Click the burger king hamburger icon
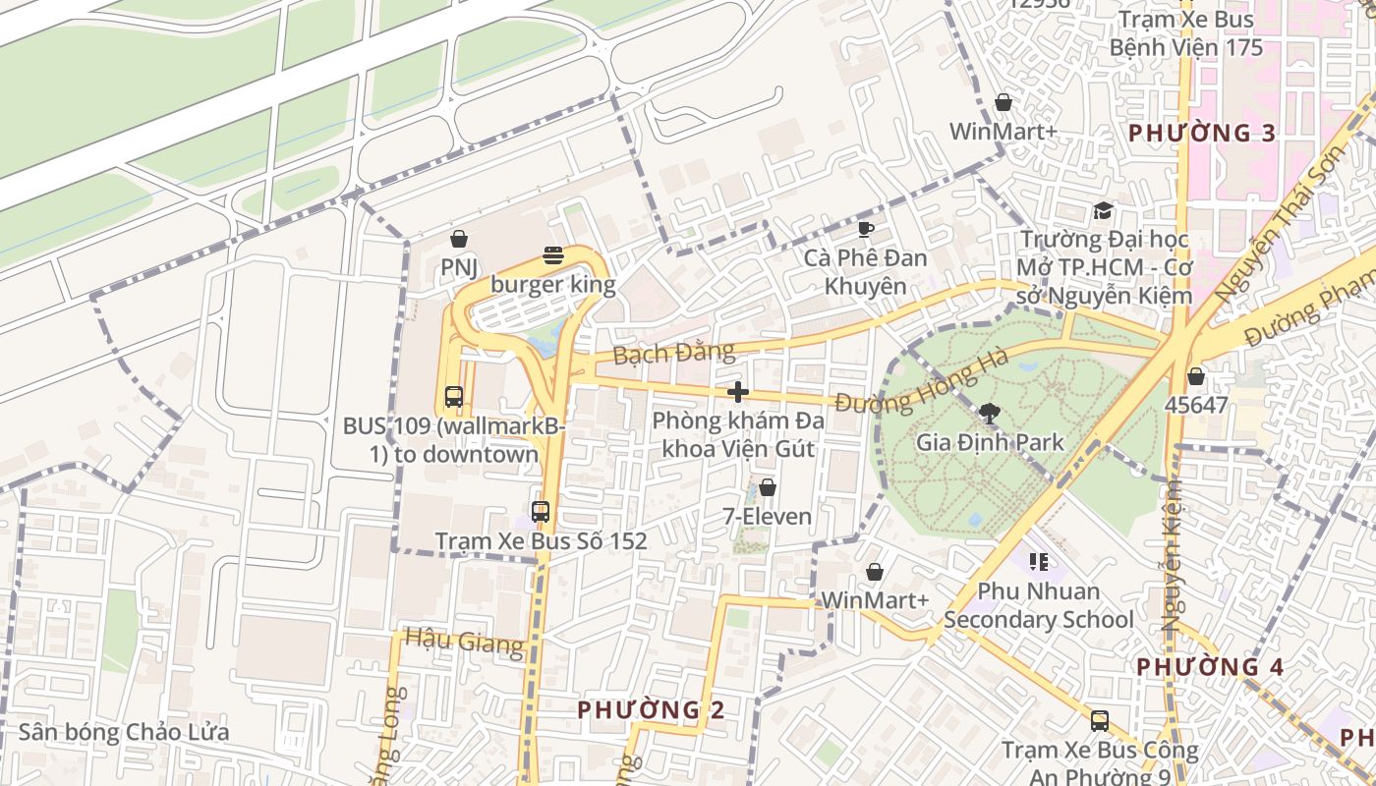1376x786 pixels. (x=553, y=256)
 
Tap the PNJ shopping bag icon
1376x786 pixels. (x=458, y=239)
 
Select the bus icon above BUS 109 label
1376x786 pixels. (x=453, y=397)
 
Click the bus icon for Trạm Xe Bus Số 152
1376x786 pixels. (x=540, y=512)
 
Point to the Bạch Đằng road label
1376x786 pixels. (x=673, y=352)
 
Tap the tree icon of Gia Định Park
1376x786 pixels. (x=989, y=414)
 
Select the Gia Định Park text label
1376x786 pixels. (x=990, y=442)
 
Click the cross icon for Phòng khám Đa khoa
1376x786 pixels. (x=737, y=392)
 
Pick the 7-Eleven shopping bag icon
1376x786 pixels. (x=767, y=487)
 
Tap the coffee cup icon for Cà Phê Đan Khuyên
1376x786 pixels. (x=865, y=229)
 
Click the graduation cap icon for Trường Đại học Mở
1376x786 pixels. (x=1103, y=211)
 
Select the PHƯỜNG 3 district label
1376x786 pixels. (x=1202, y=134)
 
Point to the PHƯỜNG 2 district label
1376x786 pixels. (x=651, y=709)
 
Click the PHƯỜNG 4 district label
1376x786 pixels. (x=1210, y=667)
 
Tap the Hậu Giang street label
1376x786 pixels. (x=464, y=642)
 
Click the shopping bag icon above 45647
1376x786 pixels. (x=1195, y=376)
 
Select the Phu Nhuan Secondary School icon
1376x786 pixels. (x=1038, y=562)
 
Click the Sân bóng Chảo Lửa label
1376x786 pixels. (x=124, y=732)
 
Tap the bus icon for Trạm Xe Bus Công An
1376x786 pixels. (x=1099, y=721)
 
